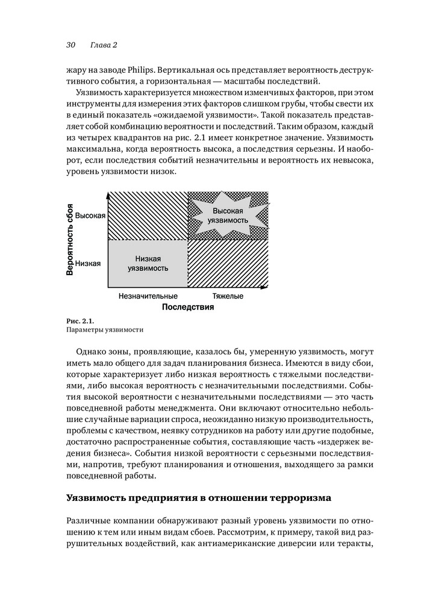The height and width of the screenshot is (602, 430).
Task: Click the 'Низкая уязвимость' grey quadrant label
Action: click(x=148, y=263)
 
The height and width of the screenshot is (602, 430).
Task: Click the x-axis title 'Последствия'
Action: click(x=188, y=307)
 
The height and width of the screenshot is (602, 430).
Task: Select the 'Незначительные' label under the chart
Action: click(x=148, y=296)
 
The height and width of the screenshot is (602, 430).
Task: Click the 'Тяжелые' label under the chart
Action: click(x=228, y=296)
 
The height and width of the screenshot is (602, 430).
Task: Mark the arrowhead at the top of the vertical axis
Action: click(x=107, y=194)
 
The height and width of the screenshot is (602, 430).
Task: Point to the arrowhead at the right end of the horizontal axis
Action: click(x=264, y=288)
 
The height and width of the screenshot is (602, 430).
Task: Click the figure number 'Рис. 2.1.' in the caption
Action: click(x=79, y=320)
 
